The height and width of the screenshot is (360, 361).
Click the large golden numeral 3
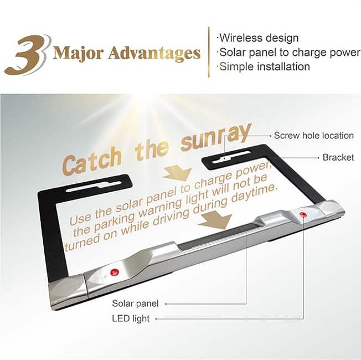click(x=27, y=55)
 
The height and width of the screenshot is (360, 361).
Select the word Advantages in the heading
click(x=154, y=53)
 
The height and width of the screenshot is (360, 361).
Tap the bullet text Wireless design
click(x=259, y=38)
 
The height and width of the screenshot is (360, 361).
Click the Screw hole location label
click(x=314, y=136)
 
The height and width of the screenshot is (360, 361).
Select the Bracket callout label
click(x=338, y=157)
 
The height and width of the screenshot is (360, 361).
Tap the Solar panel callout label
click(x=135, y=304)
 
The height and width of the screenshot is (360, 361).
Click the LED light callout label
click(x=131, y=319)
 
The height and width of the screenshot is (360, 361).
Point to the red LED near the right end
click(x=303, y=215)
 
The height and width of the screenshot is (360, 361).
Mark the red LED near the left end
click(x=115, y=272)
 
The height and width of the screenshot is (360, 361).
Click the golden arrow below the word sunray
click(x=178, y=174)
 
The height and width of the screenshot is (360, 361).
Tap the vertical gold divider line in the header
click(x=209, y=52)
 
